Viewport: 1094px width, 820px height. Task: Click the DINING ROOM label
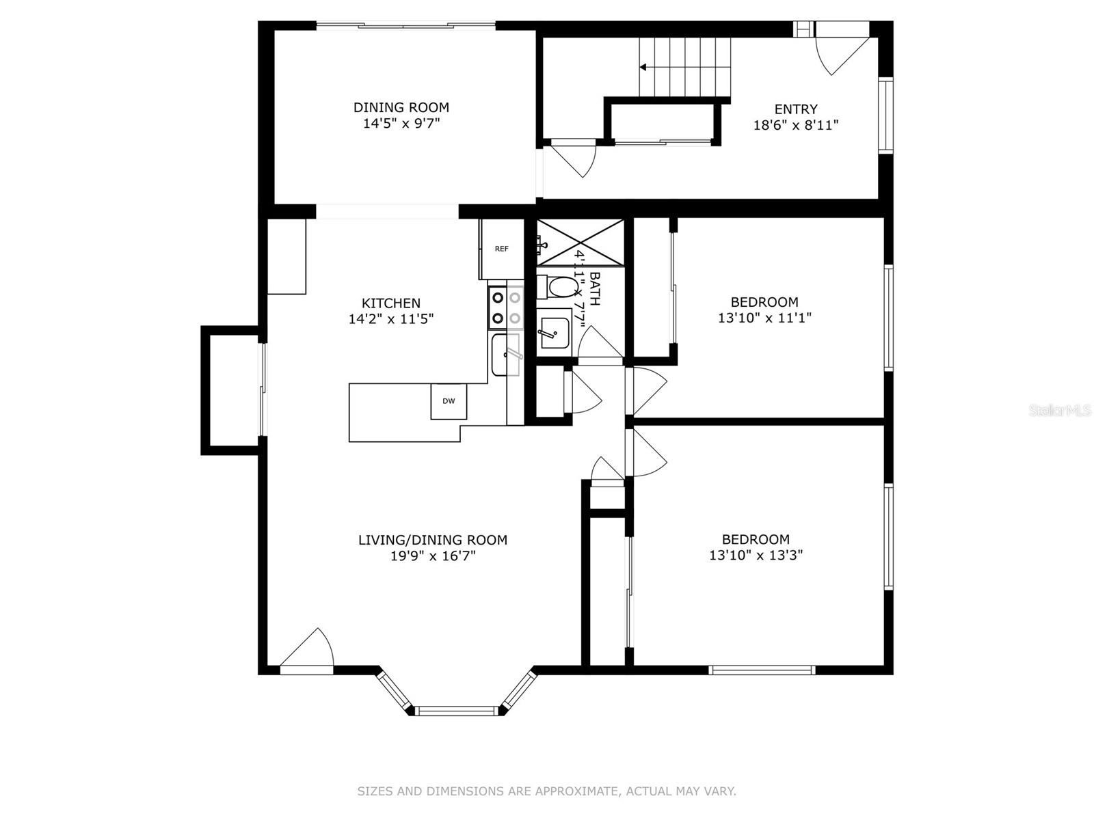coord(401,107)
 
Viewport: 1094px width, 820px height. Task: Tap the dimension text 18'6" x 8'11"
coord(795,125)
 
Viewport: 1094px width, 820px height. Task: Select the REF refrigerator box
coord(501,249)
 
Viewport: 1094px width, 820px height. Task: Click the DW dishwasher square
coord(449,401)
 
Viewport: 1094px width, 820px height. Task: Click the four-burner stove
coord(506,307)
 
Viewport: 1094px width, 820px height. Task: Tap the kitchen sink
coord(507,355)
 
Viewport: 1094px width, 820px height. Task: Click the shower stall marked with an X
coord(580,242)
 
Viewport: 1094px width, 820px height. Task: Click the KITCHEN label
coord(390,303)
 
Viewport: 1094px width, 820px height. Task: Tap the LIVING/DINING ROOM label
coord(432,540)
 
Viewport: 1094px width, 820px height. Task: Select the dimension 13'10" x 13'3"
coord(756,556)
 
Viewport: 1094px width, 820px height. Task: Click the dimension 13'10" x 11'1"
coord(764,318)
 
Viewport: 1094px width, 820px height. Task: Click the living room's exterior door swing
coord(311,649)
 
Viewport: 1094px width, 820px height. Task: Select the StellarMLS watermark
coord(1060,411)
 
